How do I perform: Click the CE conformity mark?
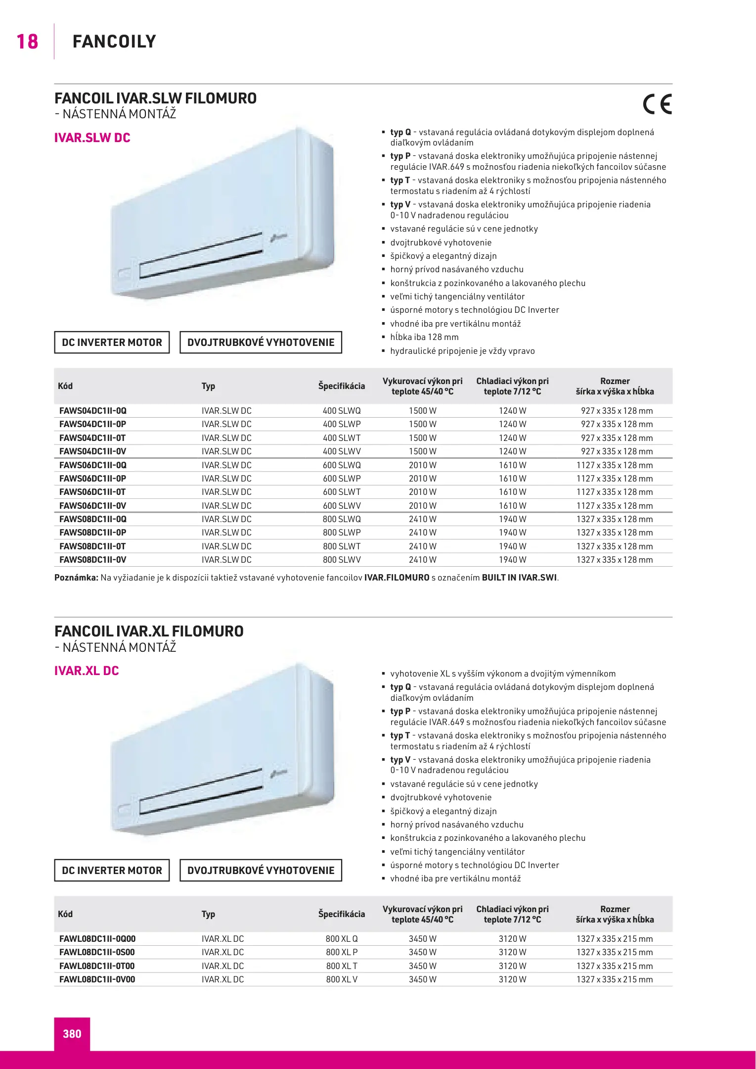pyautogui.click(x=657, y=104)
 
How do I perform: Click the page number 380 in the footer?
pyautogui.click(x=72, y=1033)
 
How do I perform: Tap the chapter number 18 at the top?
pyautogui.click(x=27, y=42)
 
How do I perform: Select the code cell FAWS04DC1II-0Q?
pyautogui.click(x=93, y=411)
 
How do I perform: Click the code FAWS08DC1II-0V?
pyautogui.click(x=93, y=560)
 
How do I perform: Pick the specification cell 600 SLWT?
pyautogui.click(x=342, y=492)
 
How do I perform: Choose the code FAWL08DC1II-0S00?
pyautogui.click(x=97, y=952)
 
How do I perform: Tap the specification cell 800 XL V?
pyautogui.click(x=342, y=979)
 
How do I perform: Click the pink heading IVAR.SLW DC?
pyautogui.click(x=92, y=138)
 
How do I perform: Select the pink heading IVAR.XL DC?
pyautogui.click(x=87, y=671)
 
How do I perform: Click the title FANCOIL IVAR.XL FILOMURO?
pyautogui.click(x=149, y=632)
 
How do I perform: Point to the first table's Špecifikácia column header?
pyautogui.click(x=342, y=386)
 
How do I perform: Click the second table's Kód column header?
pyautogui.click(x=65, y=914)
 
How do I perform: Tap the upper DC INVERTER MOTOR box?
pyautogui.click(x=112, y=342)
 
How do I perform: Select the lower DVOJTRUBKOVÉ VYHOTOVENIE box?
pyautogui.click(x=261, y=871)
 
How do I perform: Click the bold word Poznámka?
pyautogui.click(x=76, y=578)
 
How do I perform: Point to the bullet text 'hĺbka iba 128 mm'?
pyautogui.click(x=424, y=337)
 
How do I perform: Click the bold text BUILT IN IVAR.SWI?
pyautogui.click(x=519, y=578)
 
